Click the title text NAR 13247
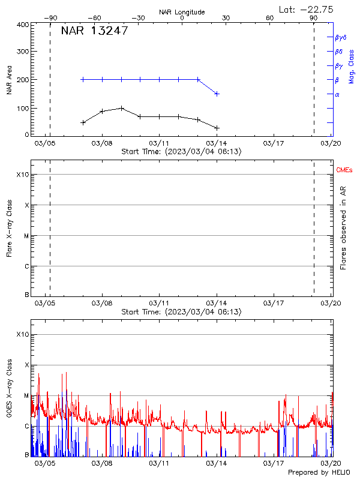tap(94, 31)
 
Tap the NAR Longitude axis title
tap(182, 12)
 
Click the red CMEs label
tap(344, 170)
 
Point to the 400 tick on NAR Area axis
tap(22, 25)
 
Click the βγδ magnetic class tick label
tap(341, 37)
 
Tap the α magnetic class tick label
tap(337, 94)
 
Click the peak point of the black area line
tap(122, 108)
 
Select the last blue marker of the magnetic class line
tap(217, 94)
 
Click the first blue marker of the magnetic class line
tap(83, 79)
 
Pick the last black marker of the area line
tap(217, 128)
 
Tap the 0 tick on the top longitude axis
tap(182, 18)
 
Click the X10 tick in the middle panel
tap(22, 175)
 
